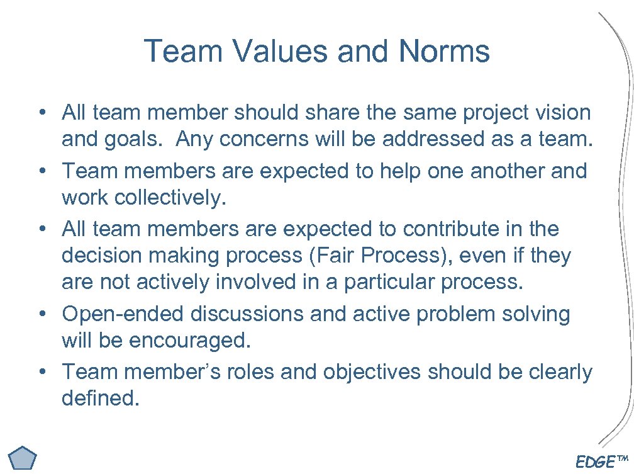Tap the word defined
click(x=99, y=399)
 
